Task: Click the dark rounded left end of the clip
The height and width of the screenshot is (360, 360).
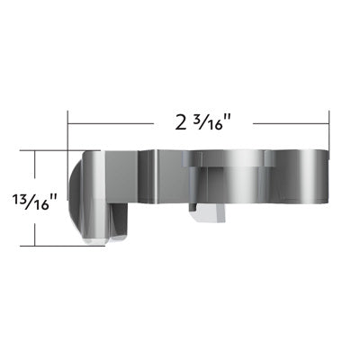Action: pyautogui.click(x=78, y=193)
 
